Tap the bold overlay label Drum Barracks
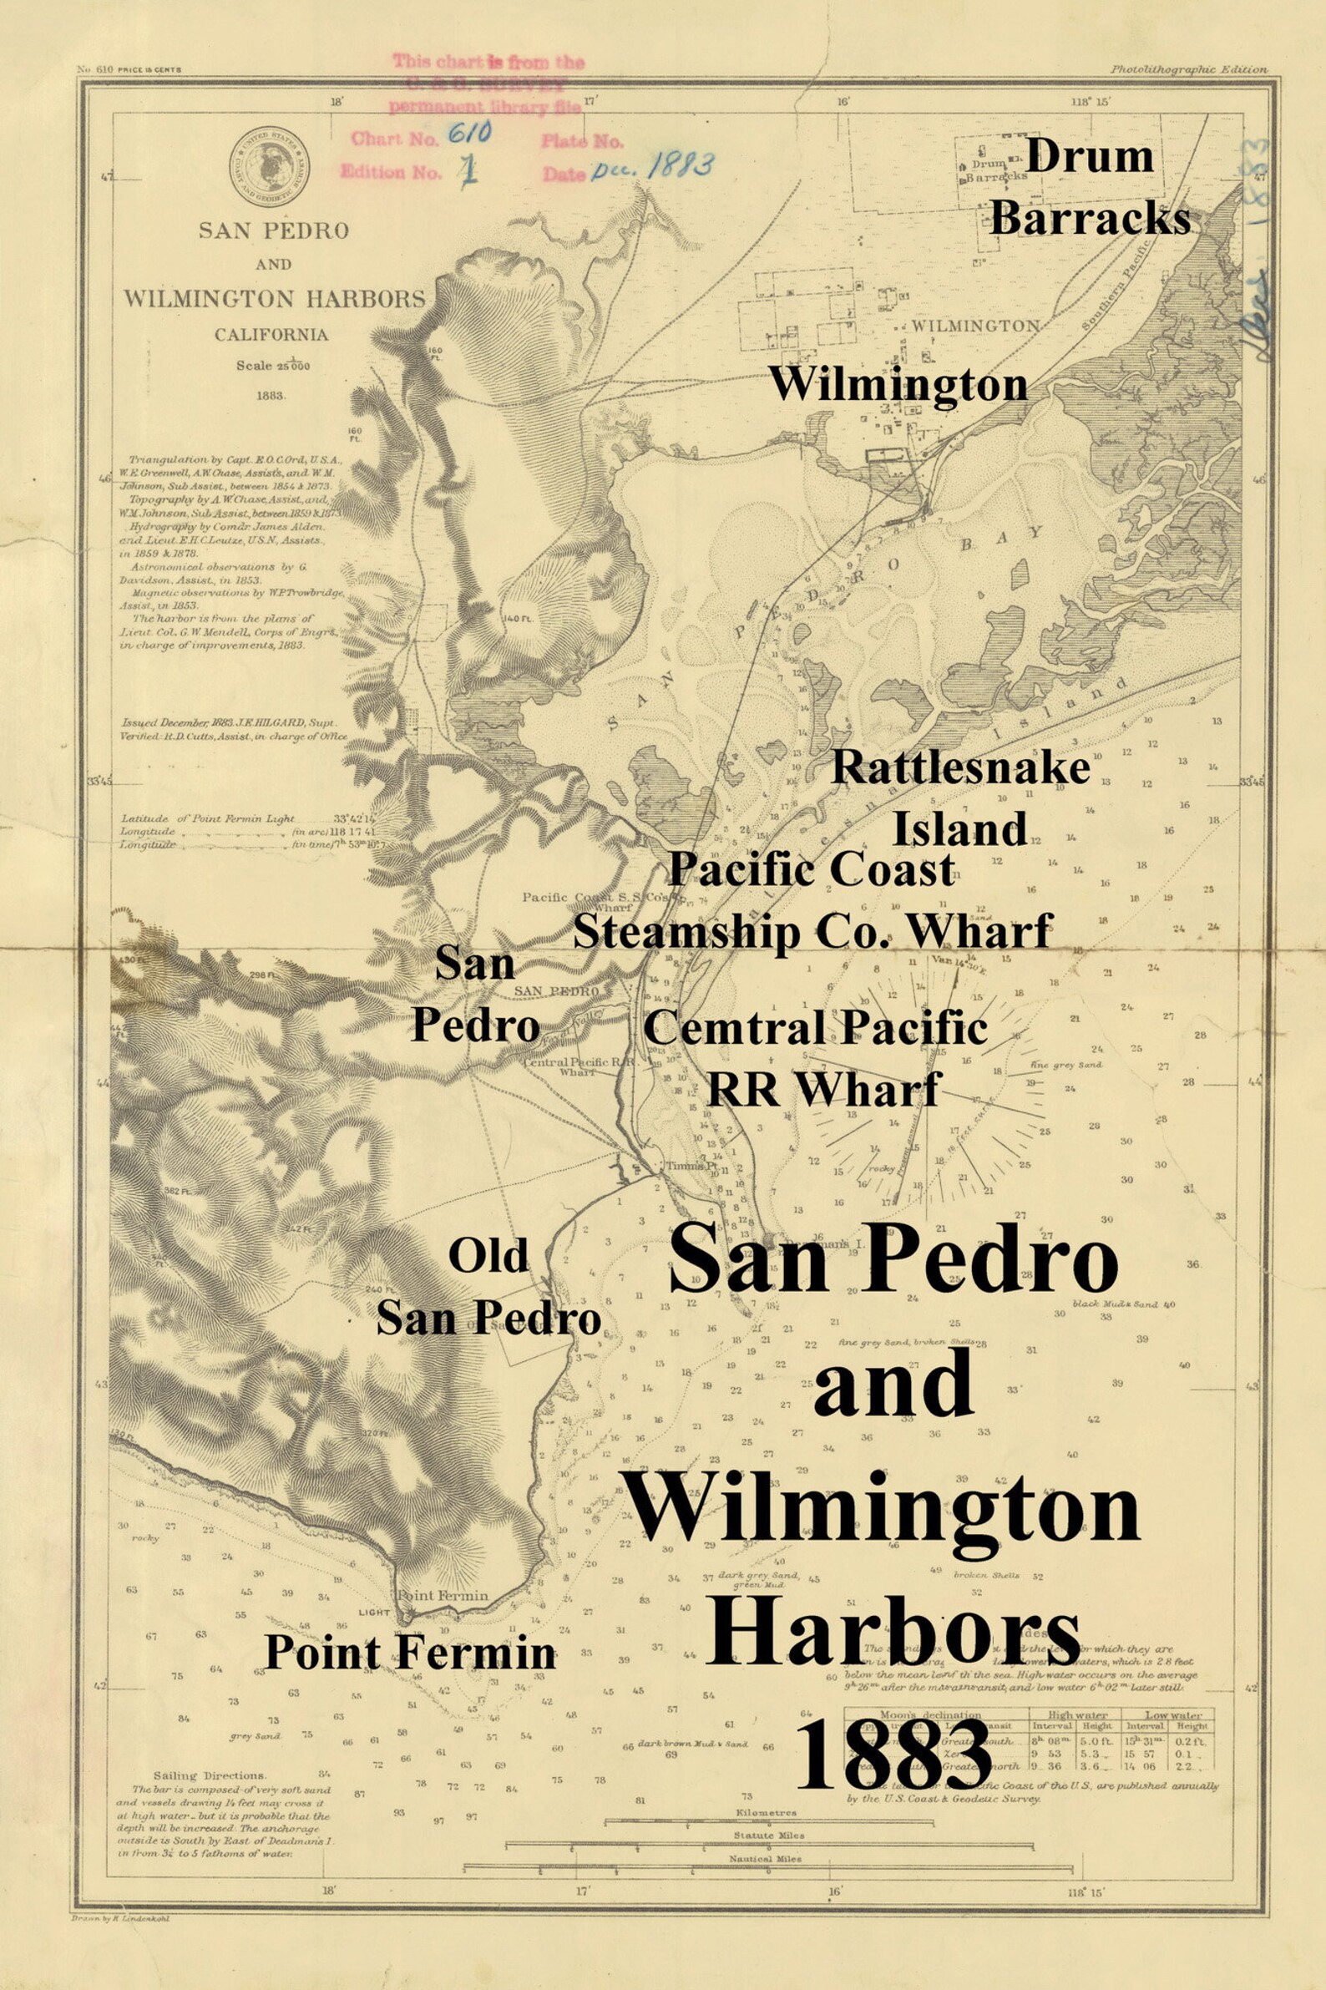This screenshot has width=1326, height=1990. (1089, 189)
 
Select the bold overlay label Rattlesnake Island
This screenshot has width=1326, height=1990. (960, 798)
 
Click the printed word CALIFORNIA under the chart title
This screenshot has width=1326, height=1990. (271, 334)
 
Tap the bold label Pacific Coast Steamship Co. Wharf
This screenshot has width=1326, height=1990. (812, 902)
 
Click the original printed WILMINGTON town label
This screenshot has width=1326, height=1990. (974, 326)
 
